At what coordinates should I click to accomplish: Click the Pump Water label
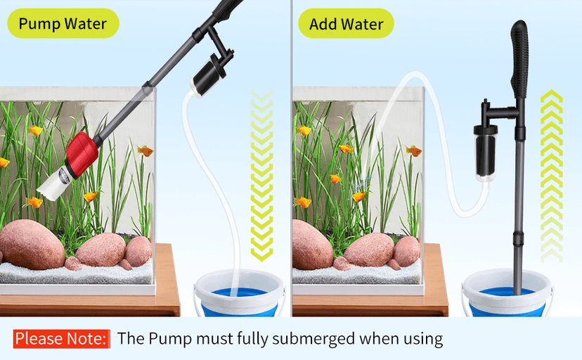tap(63, 24)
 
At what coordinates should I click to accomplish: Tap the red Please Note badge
tap(62, 338)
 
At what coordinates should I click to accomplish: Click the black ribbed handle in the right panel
tap(519, 60)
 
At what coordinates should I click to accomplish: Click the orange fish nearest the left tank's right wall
tap(145, 150)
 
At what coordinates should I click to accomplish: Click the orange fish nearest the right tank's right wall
tap(413, 150)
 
